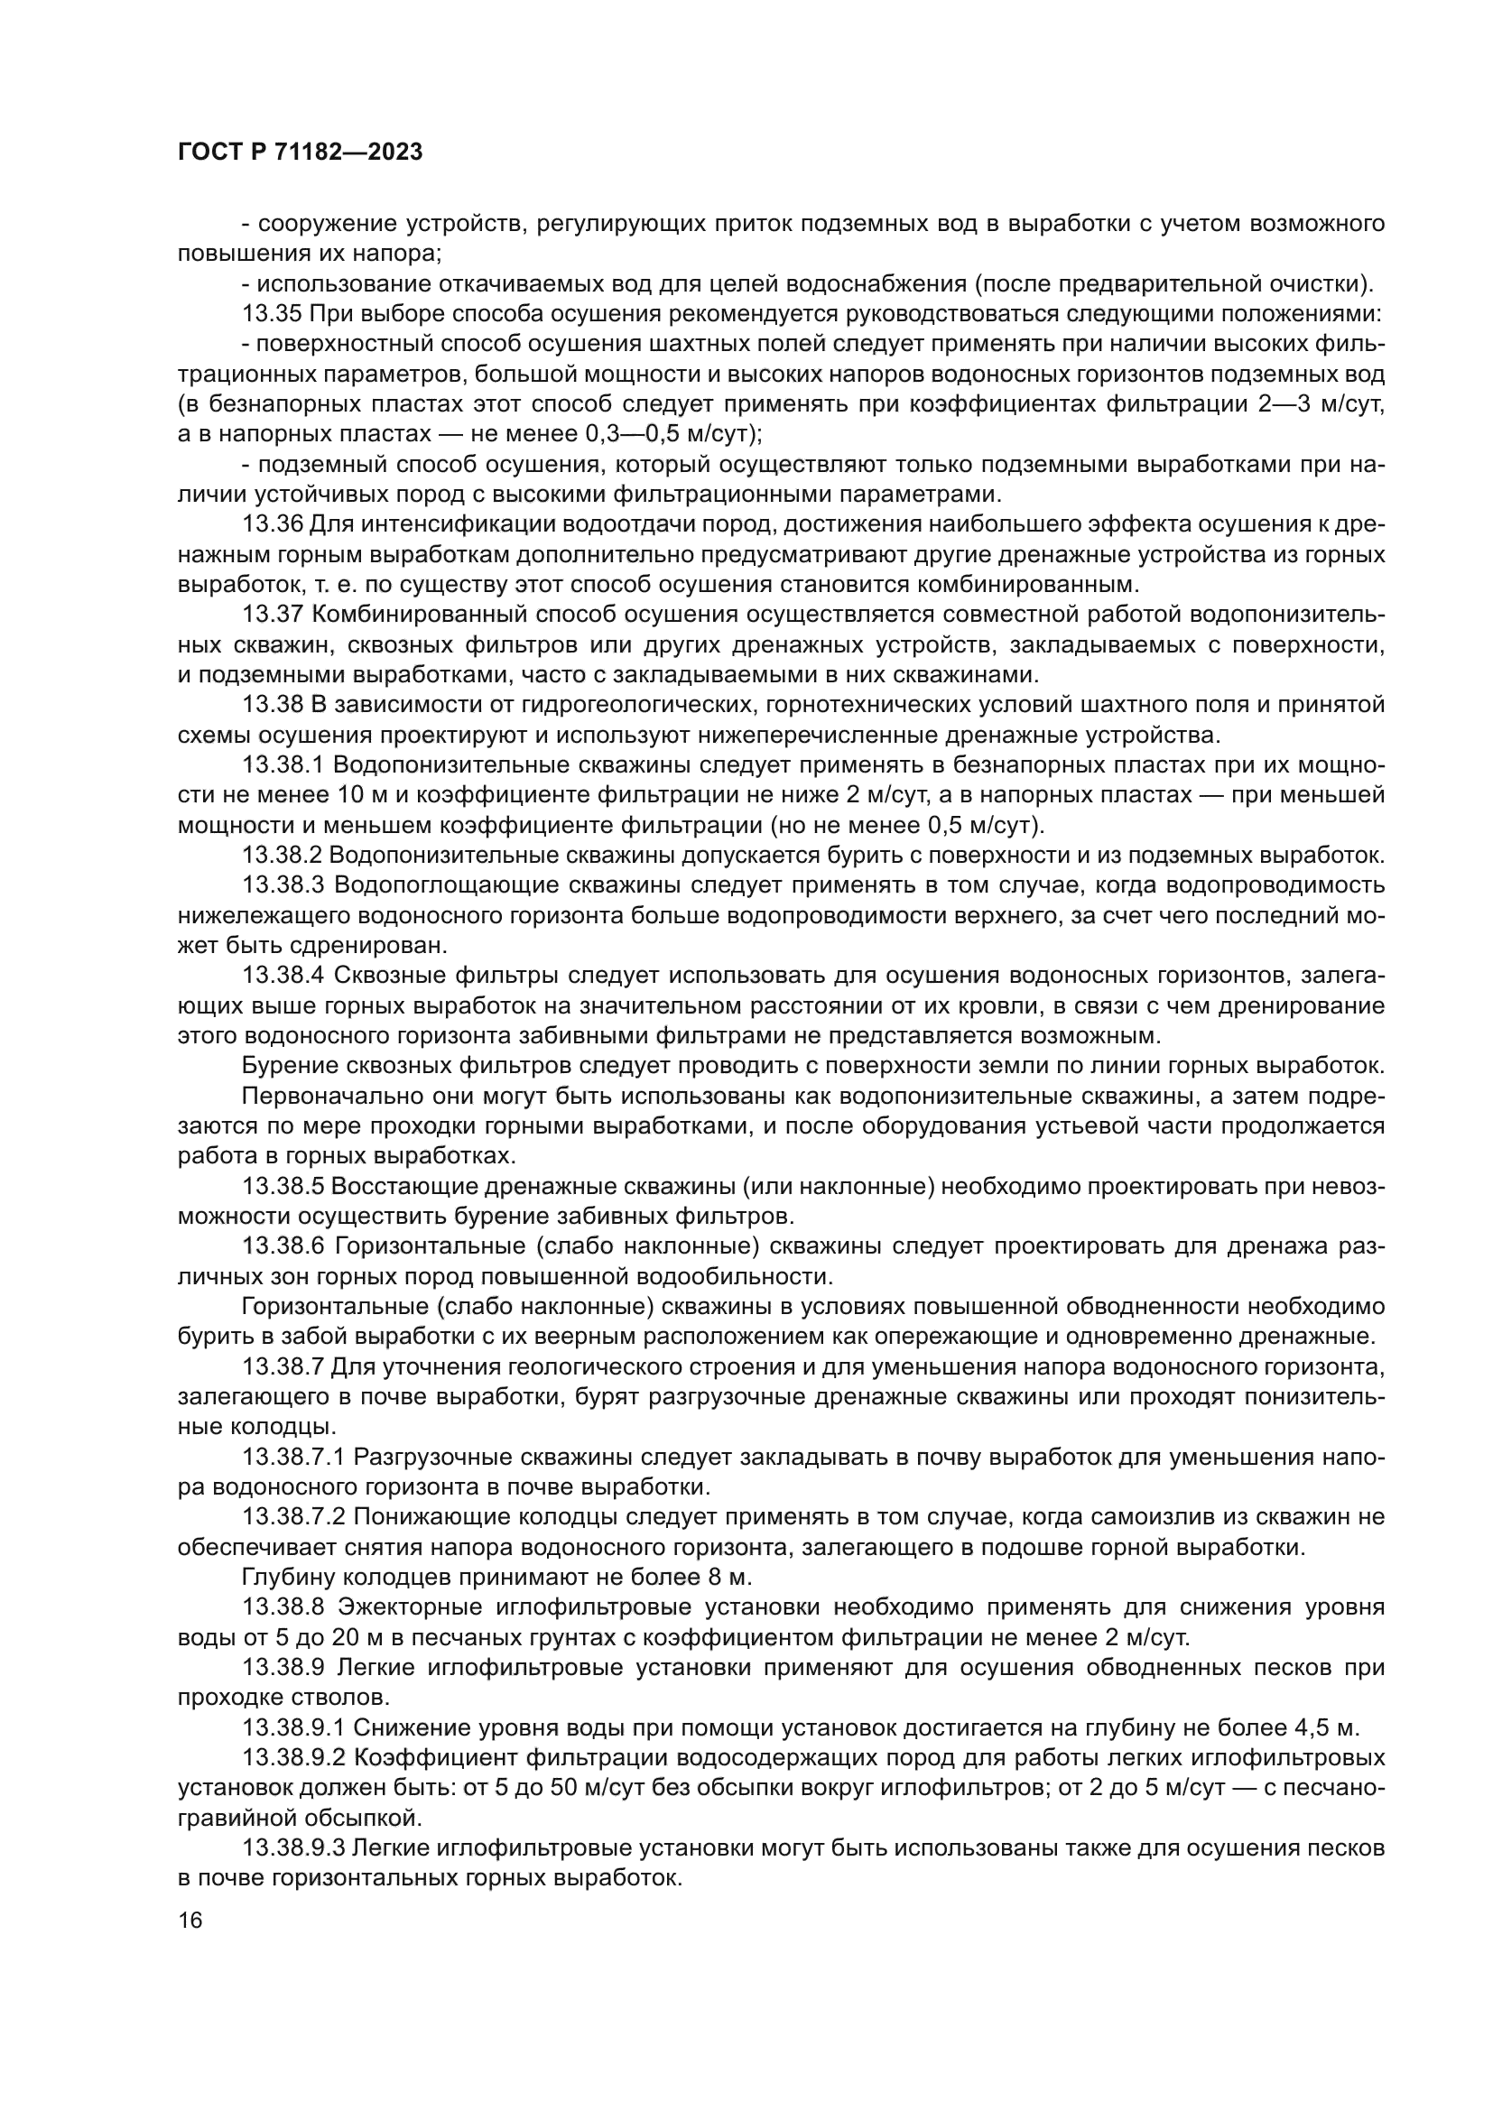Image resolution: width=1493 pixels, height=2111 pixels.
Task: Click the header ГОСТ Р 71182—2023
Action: click(x=300, y=153)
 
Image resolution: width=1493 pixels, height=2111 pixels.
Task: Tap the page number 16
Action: click(x=190, y=1921)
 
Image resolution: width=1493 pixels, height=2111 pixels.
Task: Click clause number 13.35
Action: click(x=272, y=313)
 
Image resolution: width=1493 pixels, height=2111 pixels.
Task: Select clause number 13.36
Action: click(x=272, y=525)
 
